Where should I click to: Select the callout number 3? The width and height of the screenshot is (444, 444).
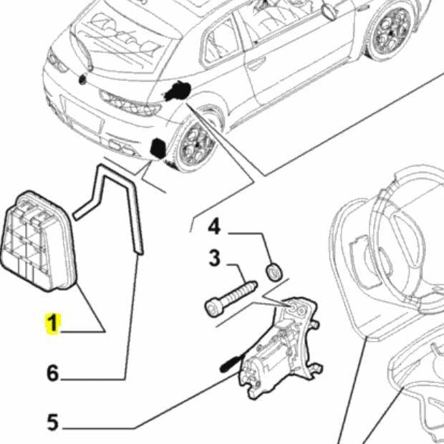click(x=214, y=259)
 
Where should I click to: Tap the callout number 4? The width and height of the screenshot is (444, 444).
click(x=215, y=228)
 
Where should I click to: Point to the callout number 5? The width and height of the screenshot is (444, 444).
click(x=52, y=423)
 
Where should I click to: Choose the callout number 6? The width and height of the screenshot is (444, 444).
click(x=52, y=372)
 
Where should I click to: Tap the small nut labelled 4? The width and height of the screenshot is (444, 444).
click(x=274, y=271)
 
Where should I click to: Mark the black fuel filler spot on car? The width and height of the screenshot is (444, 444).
click(x=176, y=91)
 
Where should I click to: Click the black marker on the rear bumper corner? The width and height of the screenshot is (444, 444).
click(x=158, y=148)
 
